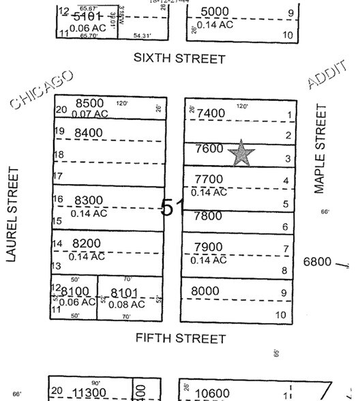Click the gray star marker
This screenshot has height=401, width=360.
coord(242,154)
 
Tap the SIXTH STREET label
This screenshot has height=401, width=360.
coord(179,59)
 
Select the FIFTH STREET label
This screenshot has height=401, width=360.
coord(181,338)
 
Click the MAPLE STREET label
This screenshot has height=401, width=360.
coord(321,149)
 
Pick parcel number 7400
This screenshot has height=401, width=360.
coord(210,113)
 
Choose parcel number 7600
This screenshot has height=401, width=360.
coord(209,149)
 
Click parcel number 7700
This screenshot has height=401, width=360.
coord(209,179)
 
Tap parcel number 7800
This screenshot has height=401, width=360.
coord(208,216)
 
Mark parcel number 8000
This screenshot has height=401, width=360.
coord(205,291)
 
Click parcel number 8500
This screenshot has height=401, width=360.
coord(89,104)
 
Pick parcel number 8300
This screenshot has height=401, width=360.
coord(89,200)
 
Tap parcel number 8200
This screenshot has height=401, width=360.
coord(87,243)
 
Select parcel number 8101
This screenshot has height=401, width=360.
coord(124,293)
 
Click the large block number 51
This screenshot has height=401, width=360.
coord(172,207)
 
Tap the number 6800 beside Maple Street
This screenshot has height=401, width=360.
coord(318,261)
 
